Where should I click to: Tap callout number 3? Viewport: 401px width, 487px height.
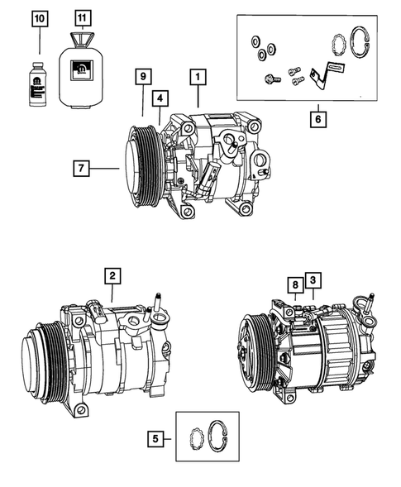click(x=313, y=280)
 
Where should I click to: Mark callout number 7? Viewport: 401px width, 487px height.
click(x=81, y=169)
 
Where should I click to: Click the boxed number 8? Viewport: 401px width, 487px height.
click(x=294, y=285)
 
